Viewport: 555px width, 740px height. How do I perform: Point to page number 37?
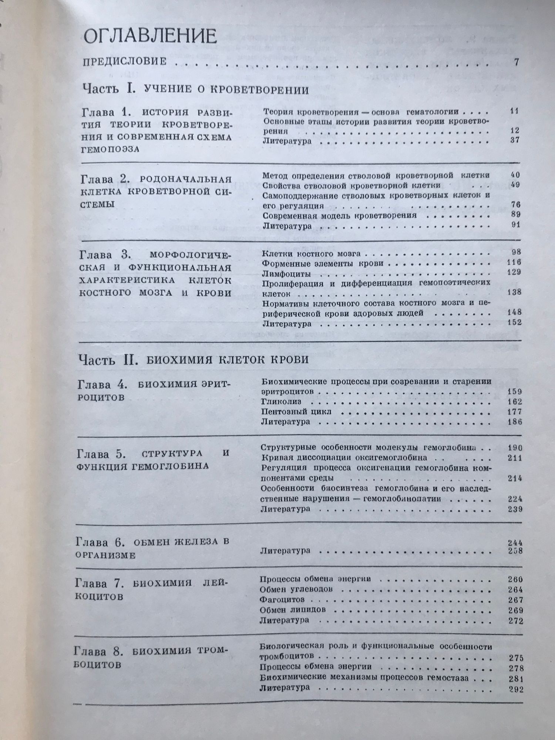pos(514,140)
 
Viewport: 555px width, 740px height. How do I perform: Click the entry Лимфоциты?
pos(286,274)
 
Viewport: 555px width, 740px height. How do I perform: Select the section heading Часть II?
pos(108,360)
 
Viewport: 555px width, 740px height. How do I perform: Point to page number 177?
pos(515,411)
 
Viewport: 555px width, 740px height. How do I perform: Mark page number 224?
pos(515,498)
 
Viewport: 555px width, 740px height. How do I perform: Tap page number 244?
pos(515,543)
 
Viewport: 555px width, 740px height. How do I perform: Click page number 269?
pos(515,610)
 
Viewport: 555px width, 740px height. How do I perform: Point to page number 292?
pos(516,689)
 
